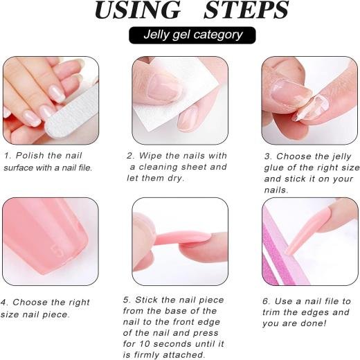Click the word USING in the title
[x=138, y=10]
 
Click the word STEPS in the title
[x=246, y=10]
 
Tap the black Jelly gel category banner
[x=192, y=35]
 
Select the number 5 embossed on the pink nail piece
[x=57, y=251]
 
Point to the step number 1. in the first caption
[x=8, y=156]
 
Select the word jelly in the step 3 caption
[x=341, y=157]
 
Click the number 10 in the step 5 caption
[x=144, y=344]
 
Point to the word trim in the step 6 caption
[x=271, y=312]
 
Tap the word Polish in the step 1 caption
[x=30, y=156]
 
